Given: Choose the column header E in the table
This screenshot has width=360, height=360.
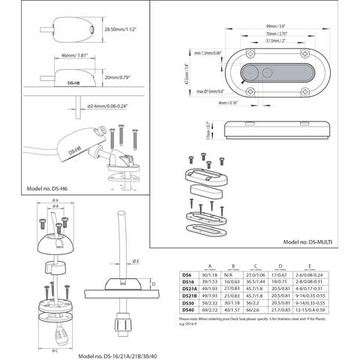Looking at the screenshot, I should pyautogui.click(x=331, y=265).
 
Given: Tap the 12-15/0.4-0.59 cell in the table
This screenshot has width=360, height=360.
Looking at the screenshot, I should pyautogui.click(x=331, y=310).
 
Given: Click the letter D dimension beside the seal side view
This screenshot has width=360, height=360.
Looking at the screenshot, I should pyautogui.click(x=153, y=284).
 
